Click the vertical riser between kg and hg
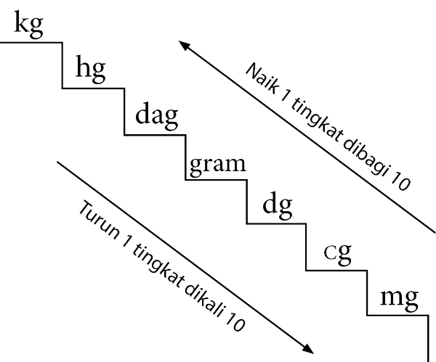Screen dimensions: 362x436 pos(62,65)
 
